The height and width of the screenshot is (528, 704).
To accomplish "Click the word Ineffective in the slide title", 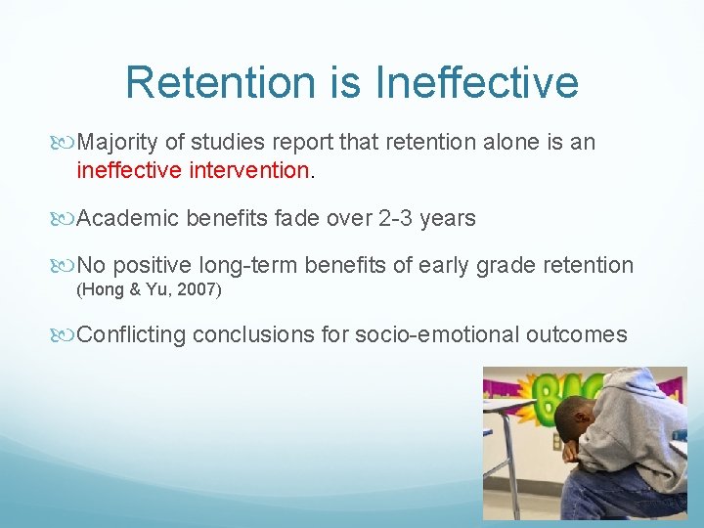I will click(477, 82).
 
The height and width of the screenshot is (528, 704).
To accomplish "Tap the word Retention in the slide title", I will click(230, 82).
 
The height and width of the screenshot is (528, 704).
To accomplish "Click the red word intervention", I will click(249, 169).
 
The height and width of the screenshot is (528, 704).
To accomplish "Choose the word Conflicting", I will click(131, 335).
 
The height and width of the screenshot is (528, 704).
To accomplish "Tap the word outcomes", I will click(576, 335).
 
